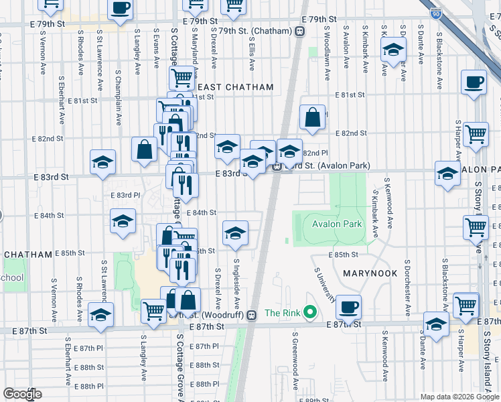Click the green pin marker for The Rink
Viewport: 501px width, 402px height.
pos(309,312)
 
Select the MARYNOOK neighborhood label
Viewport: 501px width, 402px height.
pos(366,274)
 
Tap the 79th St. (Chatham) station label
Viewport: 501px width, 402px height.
pos(257,31)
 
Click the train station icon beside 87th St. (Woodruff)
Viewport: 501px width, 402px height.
pos(251,314)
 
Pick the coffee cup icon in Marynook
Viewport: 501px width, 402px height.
pos(348,308)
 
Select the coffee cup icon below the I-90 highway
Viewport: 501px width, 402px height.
pos(474,82)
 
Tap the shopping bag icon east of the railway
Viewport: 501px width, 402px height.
pos(313,118)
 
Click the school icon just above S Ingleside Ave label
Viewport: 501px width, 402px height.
pos(235,234)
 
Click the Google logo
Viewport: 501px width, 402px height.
pos(23,394)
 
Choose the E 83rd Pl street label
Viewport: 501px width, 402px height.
pos(125,195)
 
